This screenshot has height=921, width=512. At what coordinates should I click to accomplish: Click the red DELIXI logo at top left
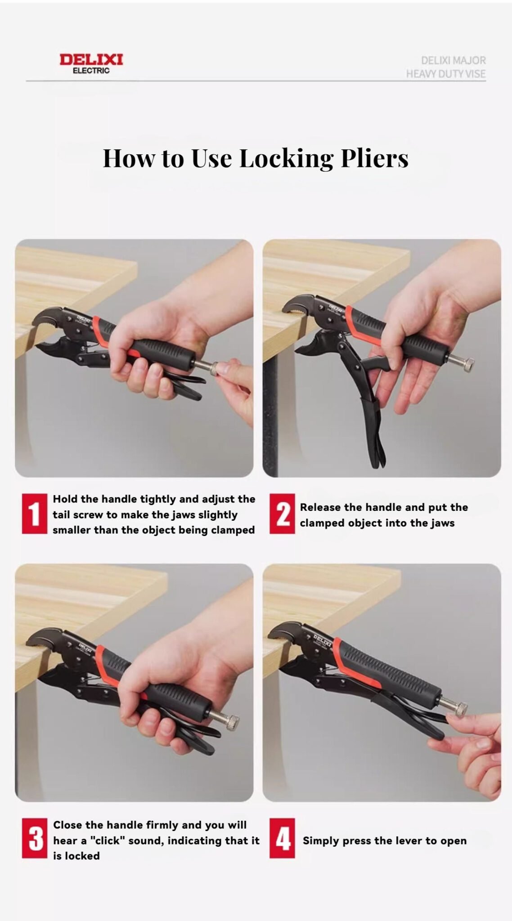click(91, 59)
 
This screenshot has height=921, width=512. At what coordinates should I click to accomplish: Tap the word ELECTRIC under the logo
click(91, 71)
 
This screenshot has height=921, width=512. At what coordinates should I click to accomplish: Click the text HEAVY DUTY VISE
click(445, 74)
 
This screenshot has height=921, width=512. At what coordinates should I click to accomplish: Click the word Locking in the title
click(286, 158)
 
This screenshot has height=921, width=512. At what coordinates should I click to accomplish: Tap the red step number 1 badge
click(34, 514)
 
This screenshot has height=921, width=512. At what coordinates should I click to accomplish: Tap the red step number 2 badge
click(282, 514)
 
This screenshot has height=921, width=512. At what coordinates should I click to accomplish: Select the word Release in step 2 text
click(320, 507)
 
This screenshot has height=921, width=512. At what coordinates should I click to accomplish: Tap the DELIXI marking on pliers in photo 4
click(322, 640)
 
